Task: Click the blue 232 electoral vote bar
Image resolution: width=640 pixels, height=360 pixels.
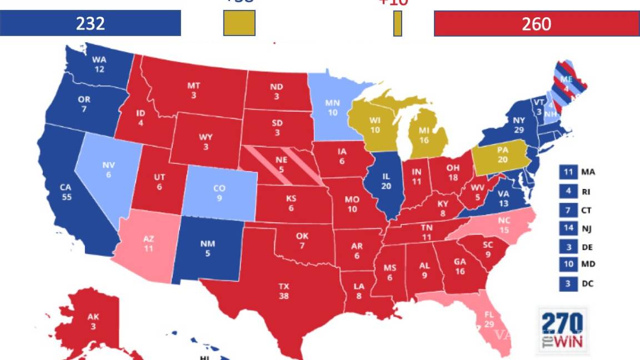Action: [91, 23]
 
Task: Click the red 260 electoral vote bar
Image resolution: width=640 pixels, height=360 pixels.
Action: [537, 23]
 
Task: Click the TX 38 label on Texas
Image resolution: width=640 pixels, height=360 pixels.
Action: [283, 291]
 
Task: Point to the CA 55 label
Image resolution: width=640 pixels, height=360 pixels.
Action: [67, 193]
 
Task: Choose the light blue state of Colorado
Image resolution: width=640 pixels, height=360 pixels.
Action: [219, 192]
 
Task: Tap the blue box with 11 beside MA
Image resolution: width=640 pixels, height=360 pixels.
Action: [568, 172]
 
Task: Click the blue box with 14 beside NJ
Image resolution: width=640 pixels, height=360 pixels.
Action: [568, 227]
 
